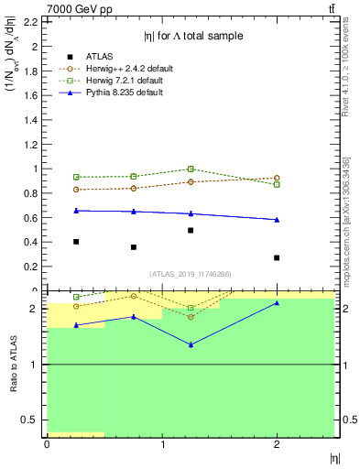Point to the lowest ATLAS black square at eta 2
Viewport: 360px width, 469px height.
click(277, 257)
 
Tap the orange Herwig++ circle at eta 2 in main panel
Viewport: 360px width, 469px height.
click(277, 178)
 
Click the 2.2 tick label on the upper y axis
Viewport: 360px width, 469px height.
click(29, 21)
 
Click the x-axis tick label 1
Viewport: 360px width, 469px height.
click(162, 444)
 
